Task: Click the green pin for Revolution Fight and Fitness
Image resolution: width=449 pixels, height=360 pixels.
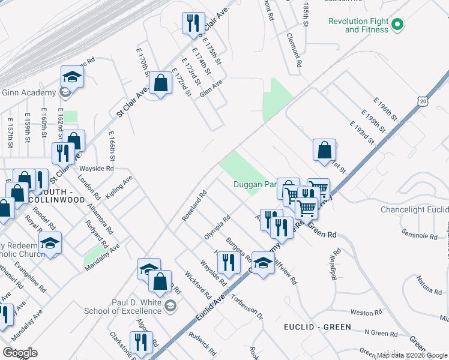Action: point(397,25)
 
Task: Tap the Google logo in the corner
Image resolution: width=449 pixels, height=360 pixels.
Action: point(20,353)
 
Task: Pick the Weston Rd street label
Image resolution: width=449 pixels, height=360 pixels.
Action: point(362,313)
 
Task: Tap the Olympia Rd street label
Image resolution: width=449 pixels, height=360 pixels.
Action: point(217,228)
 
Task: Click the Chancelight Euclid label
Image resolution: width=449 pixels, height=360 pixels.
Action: point(414,210)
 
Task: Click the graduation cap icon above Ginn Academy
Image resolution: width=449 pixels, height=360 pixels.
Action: point(72,76)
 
